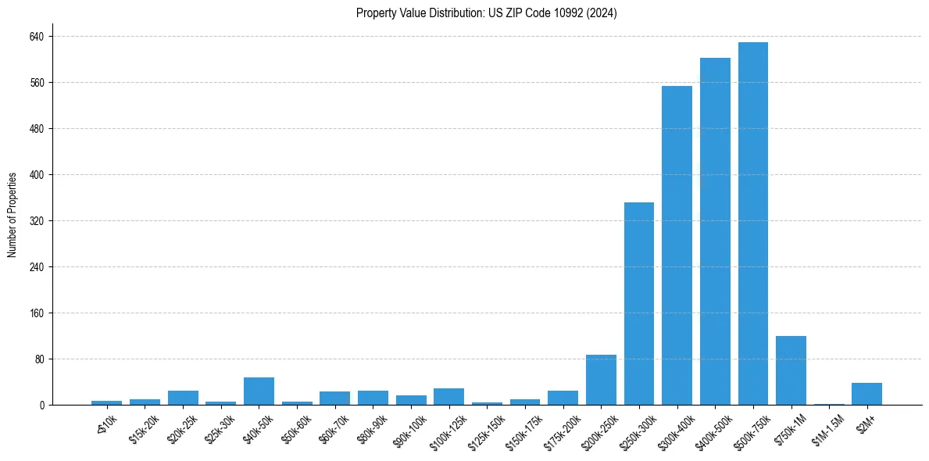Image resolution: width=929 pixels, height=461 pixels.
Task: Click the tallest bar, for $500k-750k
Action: pyautogui.click(x=752, y=223)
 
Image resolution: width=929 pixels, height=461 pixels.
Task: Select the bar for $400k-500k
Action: pyautogui.click(x=715, y=231)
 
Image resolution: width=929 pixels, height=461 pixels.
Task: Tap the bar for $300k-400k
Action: pyautogui.click(x=677, y=245)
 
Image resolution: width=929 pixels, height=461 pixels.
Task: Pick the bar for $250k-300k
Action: pyautogui.click(x=638, y=303)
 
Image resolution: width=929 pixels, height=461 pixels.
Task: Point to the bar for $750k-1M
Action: pyautogui.click(x=791, y=370)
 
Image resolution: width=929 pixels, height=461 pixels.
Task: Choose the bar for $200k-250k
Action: pyautogui.click(x=601, y=380)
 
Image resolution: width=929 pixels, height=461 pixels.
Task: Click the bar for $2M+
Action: pyautogui.click(x=866, y=394)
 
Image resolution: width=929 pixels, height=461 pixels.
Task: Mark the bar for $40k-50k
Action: pyautogui.click(x=259, y=391)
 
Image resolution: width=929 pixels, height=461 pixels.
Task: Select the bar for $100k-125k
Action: pyautogui.click(x=448, y=396)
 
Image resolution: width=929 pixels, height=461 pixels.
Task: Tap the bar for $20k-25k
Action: pyautogui.click(x=183, y=398)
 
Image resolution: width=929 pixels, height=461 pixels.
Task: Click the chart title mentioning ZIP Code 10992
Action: pyautogui.click(x=486, y=13)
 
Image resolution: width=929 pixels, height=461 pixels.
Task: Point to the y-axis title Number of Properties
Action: pyautogui.click(x=13, y=215)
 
